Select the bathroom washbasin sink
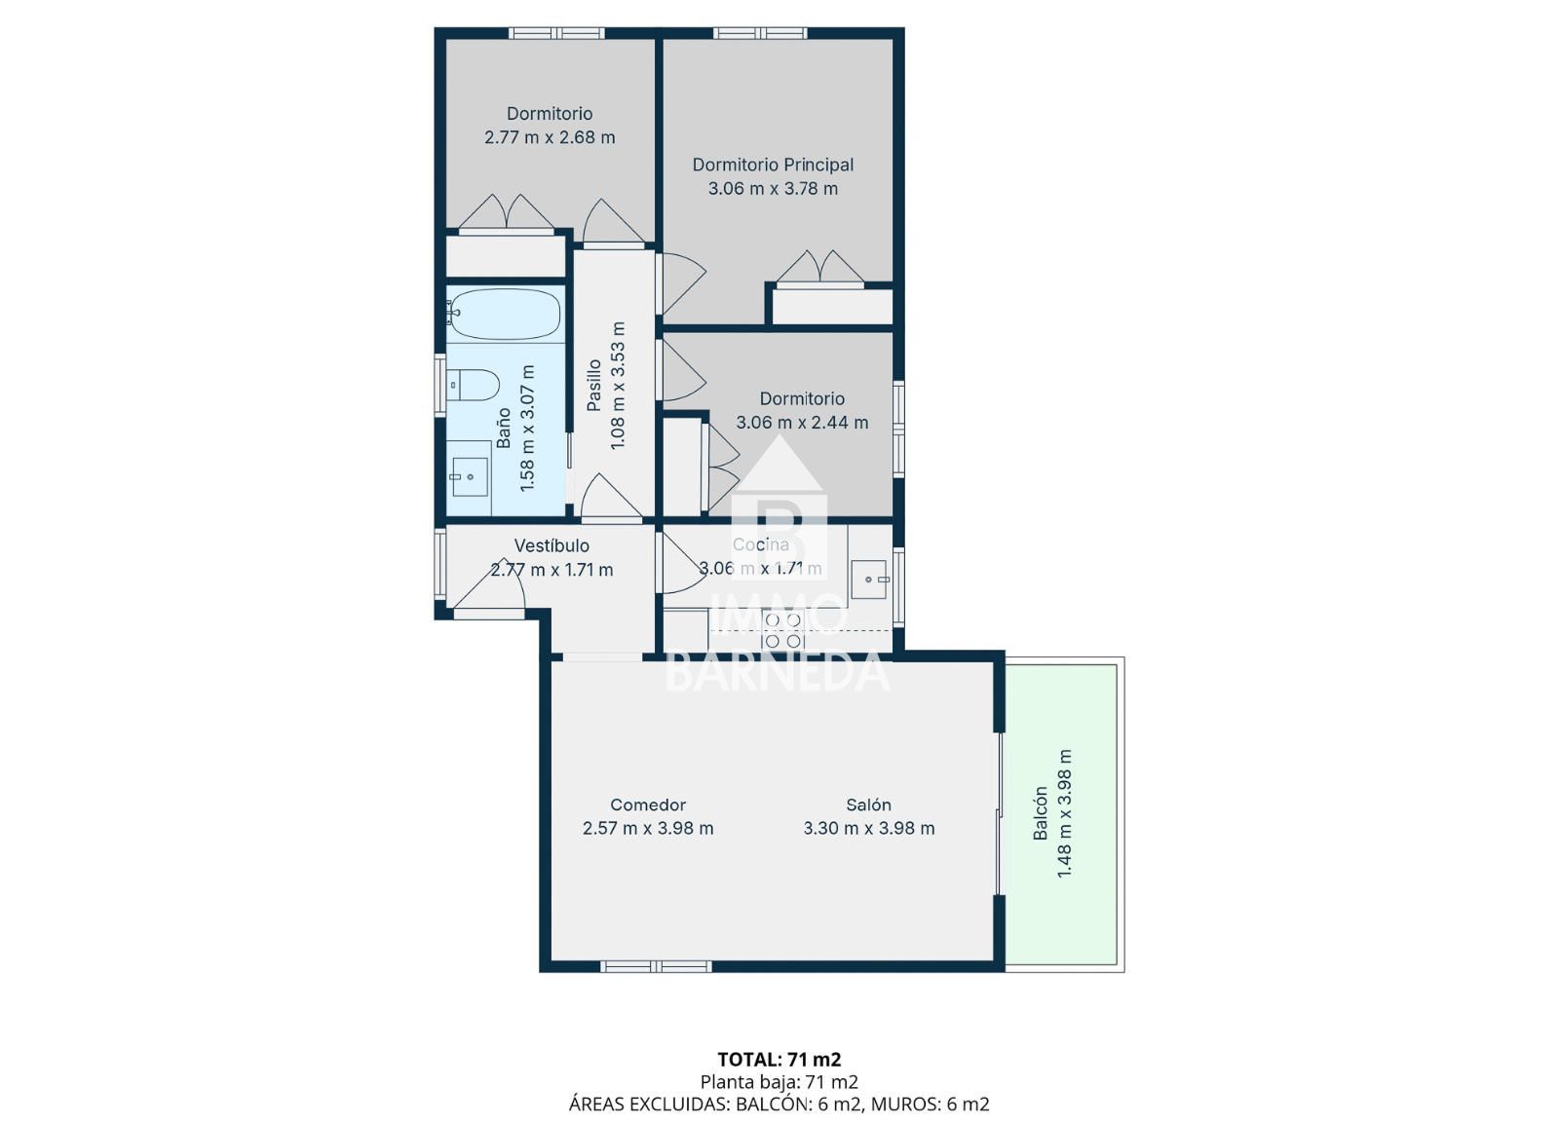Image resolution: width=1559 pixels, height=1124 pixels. point(469,477)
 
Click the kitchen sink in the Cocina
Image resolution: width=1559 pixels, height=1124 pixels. point(869,580)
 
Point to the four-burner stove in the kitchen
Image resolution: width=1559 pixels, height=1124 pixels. point(783,629)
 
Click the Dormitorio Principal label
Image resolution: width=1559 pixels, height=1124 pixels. point(773,165)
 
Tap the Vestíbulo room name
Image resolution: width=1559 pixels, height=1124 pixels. point(551,546)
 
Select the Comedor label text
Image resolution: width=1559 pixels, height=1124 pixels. point(648,805)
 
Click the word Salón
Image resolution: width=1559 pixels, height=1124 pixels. point(868,805)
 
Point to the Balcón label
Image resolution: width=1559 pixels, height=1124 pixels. point(1041,813)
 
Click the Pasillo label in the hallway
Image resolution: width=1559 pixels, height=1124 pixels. point(593,386)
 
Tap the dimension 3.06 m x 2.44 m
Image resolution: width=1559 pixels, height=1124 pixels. point(802,422)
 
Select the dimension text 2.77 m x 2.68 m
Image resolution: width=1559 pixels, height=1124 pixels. point(550,137)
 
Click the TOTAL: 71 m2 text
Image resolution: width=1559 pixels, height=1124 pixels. point(779,1060)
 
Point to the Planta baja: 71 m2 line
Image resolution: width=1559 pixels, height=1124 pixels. point(779,1081)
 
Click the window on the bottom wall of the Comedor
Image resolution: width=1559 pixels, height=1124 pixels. point(657,967)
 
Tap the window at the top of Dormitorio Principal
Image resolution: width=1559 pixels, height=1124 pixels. point(760,33)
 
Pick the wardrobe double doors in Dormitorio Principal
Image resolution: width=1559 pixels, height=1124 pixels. point(820,269)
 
